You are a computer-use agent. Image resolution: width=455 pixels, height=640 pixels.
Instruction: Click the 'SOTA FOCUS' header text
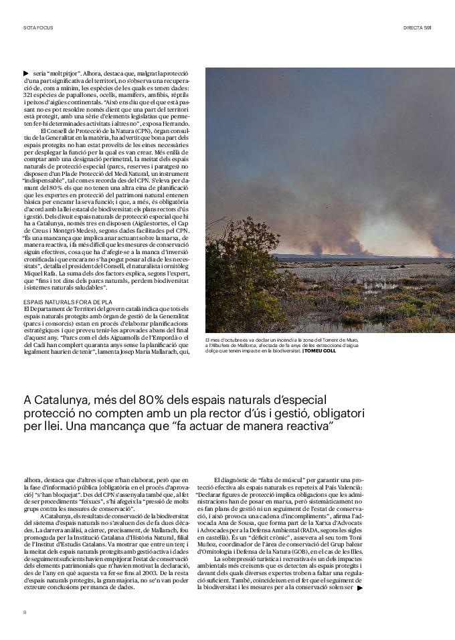(37, 27)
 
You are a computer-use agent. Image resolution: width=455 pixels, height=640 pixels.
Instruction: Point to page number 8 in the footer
(25, 611)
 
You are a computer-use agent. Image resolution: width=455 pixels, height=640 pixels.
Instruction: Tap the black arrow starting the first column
(25, 72)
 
